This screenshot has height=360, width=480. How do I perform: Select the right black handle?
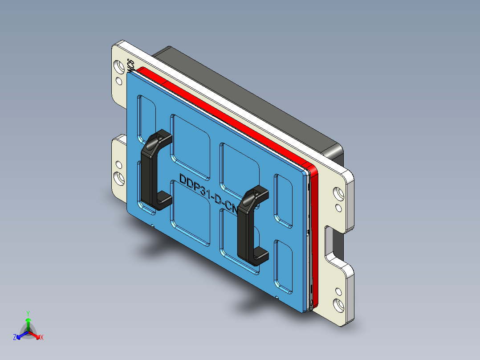[x=246, y=227]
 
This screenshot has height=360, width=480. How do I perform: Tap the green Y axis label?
[x=28, y=313]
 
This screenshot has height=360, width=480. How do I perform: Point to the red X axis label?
[x=42, y=338]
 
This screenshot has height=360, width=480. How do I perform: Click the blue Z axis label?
[x=15, y=338]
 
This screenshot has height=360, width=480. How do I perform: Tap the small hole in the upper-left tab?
[x=119, y=81]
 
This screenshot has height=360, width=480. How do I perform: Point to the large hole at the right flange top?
[x=339, y=194]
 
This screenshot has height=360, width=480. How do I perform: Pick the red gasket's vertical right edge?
[x=315, y=236]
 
